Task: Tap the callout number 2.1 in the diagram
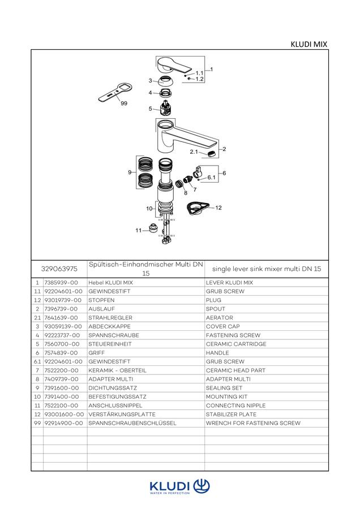(x=194, y=152)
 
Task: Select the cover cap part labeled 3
(x=166, y=80)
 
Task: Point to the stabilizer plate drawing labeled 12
(x=198, y=208)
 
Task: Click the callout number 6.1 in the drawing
(x=212, y=177)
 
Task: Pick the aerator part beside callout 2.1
(x=211, y=154)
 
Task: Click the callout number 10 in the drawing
(x=149, y=208)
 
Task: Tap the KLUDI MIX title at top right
(x=309, y=44)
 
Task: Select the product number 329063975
(x=59, y=269)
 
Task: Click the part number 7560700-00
(x=62, y=344)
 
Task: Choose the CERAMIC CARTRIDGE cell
(x=236, y=344)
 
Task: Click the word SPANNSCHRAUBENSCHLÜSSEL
(x=132, y=423)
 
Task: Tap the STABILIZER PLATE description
(x=231, y=415)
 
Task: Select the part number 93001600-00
(x=64, y=415)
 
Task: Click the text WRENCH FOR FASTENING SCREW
(x=253, y=423)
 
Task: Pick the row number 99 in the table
(x=37, y=423)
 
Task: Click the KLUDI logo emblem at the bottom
(x=202, y=486)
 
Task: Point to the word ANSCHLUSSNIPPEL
(x=115, y=406)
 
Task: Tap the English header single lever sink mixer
(x=247, y=269)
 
